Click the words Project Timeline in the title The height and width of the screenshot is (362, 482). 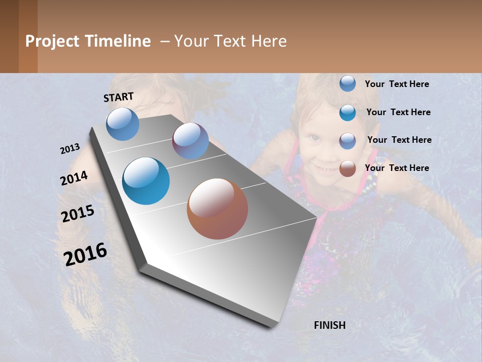pyautogui.click(x=88, y=41)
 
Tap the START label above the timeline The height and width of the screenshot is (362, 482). pyautogui.click(x=118, y=97)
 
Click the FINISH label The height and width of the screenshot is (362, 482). pyautogui.click(x=330, y=325)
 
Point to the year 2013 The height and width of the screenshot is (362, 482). pyautogui.click(x=70, y=149)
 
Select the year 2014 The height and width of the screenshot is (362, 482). pyautogui.click(x=74, y=178)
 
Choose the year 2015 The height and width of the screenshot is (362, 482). pyautogui.click(x=78, y=213)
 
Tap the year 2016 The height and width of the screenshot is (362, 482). pyautogui.click(x=85, y=254)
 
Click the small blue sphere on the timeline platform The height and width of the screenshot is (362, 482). pyautogui.click(x=123, y=124)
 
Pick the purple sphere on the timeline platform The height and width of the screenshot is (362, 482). pyautogui.click(x=190, y=141)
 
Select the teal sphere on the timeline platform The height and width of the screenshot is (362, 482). pyautogui.click(x=146, y=181)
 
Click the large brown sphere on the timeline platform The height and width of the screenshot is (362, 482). pyautogui.click(x=217, y=209)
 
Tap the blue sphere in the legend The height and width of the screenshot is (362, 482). pyautogui.click(x=347, y=83)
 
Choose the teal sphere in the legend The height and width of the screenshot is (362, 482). pyautogui.click(x=347, y=113)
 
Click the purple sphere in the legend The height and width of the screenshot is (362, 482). pyautogui.click(x=347, y=141)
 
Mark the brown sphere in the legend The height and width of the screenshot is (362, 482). pyautogui.click(x=347, y=168)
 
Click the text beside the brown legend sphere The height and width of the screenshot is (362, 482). pyautogui.click(x=397, y=168)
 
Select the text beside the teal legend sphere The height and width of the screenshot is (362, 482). pyautogui.click(x=398, y=112)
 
